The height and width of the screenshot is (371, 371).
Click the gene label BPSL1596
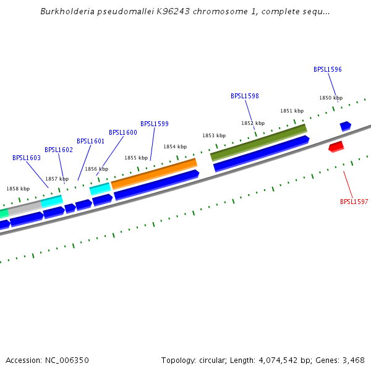coord(327,70)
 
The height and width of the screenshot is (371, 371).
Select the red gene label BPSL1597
coord(354,202)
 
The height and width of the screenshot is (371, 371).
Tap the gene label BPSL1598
coord(245,96)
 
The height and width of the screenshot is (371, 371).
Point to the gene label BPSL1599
coord(155,124)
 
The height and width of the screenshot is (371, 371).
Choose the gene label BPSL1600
coord(123,132)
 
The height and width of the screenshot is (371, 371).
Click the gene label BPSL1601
coord(91,142)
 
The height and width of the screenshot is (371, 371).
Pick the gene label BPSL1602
coord(59,150)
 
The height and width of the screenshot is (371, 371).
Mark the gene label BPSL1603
coord(27,158)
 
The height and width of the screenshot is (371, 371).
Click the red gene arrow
coord(336,147)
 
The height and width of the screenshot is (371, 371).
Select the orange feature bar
coord(154,174)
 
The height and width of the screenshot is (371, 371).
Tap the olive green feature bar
coord(258,142)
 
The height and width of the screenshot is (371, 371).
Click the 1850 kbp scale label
coord(331,98)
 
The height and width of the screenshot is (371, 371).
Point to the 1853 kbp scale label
coord(214,135)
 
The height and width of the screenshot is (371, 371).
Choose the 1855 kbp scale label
coord(136,158)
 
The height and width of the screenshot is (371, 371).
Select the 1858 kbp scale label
coord(18,189)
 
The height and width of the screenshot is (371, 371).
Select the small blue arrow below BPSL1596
coord(345,126)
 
